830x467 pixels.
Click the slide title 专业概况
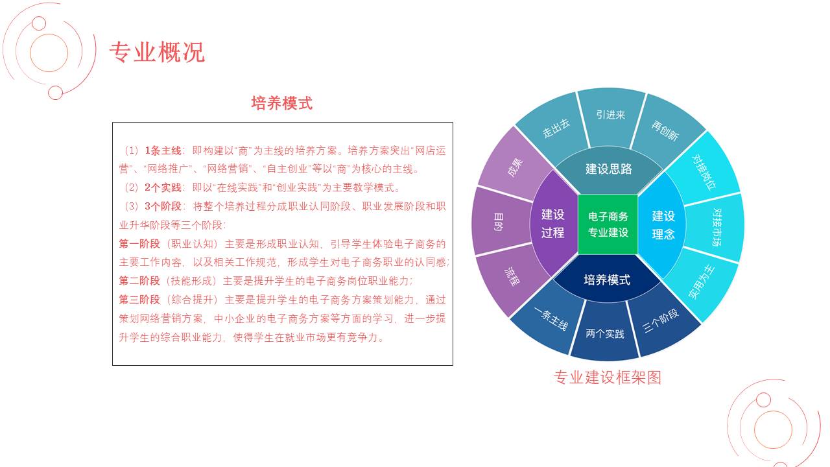click(157, 53)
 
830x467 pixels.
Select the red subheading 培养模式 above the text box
click(282, 103)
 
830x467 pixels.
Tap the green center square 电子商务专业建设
click(608, 224)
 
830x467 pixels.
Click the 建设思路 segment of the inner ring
click(609, 169)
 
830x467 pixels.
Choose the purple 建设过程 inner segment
click(553, 224)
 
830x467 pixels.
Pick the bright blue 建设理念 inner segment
click(663, 224)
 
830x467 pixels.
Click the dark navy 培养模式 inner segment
click(607, 279)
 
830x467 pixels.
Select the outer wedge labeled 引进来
click(611, 117)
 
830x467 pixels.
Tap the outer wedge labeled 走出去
click(554, 128)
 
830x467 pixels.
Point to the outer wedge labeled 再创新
click(666, 130)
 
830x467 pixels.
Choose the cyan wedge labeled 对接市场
click(715, 227)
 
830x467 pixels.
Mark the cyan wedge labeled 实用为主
click(701, 282)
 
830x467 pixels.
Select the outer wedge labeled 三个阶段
click(662, 320)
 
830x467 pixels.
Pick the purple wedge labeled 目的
click(500, 222)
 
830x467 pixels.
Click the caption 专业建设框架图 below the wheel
click(608, 377)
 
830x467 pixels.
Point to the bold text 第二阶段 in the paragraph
click(139, 281)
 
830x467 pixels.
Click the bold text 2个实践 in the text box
click(163, 187)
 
